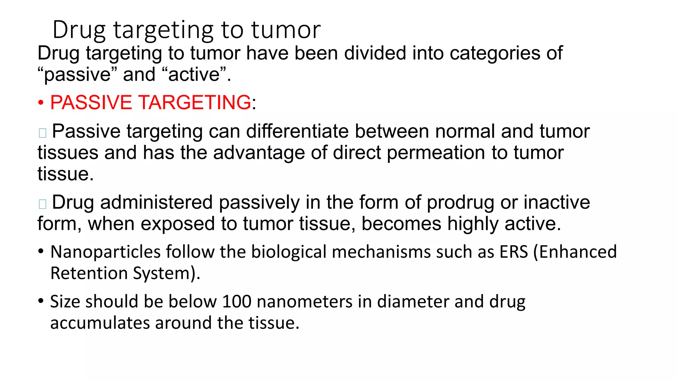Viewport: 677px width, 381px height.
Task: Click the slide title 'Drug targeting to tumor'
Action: coord(186,30)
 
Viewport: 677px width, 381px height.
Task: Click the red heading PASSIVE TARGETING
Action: coord(150,102)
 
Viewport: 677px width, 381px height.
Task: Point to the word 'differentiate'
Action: coord(297,131)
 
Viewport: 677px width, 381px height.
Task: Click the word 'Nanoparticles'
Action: coord(105,252)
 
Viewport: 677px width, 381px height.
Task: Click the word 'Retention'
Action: coord(89,274)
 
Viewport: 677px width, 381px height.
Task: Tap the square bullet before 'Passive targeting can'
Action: coord(43,133)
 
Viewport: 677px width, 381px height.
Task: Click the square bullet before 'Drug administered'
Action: coord(43,204)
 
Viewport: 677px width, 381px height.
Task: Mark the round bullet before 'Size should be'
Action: coord(41,301)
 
